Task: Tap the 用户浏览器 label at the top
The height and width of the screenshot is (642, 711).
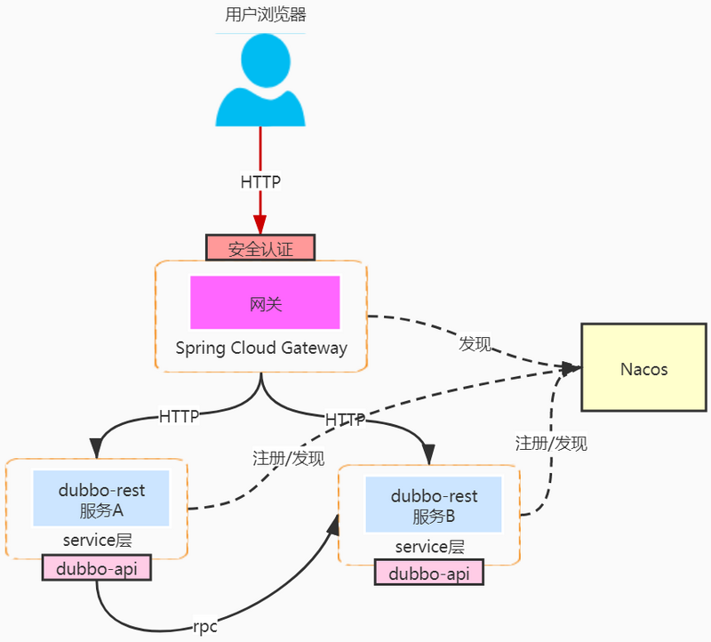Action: (x=260, y=15)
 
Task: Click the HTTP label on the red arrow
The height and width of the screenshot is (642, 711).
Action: (x=260, y=182)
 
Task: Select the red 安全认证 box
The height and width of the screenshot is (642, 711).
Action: (x=260, y=248)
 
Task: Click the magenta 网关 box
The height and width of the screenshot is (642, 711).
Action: (x=265, y=303)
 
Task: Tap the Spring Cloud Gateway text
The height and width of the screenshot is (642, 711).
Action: (x=261, y=348)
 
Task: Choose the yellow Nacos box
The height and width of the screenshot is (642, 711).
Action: (x=643, y=368)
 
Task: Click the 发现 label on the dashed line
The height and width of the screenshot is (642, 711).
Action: (x=474, y=344)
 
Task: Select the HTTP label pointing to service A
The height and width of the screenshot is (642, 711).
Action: (x=179, y=415)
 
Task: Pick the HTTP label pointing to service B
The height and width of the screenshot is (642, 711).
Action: (x=345, y=419)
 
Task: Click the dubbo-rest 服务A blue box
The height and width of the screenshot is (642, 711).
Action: (x=101, y=500)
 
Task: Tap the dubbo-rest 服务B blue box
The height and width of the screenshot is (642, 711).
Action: (x=434, y=506)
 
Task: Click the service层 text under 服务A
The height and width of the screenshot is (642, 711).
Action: (x=97, y=540)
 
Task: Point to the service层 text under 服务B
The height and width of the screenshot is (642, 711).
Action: (x=429, y=547)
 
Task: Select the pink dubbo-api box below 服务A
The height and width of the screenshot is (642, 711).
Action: (x=97, y=568)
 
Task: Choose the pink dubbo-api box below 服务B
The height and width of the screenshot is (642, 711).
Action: (x=428, y=574)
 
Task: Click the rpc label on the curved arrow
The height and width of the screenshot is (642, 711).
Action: (x=205, y=626)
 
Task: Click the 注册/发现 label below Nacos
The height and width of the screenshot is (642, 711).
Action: (x=551, y=443)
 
